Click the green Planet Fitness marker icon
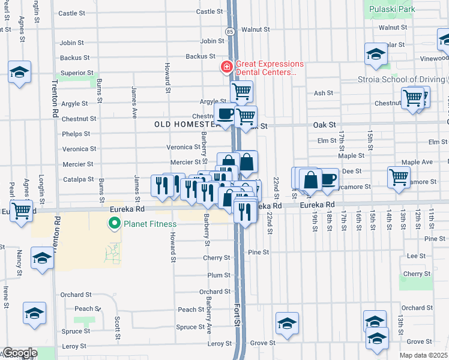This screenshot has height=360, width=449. [112, 224]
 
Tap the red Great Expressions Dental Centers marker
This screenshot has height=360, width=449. [227, 66]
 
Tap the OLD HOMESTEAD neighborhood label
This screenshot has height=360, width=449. [182, 124]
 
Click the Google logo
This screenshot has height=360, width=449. [19, 353]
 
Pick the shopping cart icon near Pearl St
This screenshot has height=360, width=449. [21, 210]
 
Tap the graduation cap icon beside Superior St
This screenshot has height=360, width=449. [20, 73]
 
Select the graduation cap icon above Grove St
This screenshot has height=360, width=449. [288, 323]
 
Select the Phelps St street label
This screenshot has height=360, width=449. [75, 134]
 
